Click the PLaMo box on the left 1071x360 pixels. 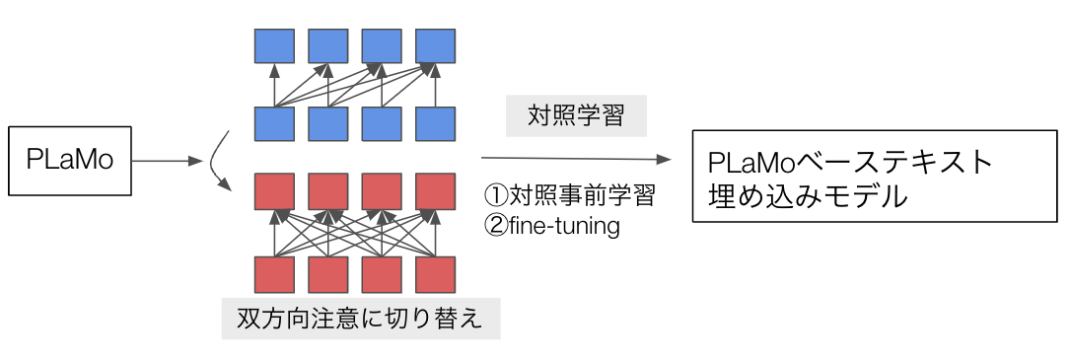click(70, 161)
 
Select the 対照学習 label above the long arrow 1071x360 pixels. click(576, 115)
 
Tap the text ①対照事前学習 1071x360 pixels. click(570, 196)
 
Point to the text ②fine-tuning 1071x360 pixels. click(552, 226)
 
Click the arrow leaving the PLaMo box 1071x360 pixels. click(168, 161)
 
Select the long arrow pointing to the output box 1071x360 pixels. click(577, 159)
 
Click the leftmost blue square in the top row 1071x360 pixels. click(274, 45)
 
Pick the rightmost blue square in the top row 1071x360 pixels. click(436, 45)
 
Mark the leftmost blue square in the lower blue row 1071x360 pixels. click(274, 123)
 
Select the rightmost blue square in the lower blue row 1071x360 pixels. click(436, 123)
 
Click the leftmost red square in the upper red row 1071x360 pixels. click(274, 191)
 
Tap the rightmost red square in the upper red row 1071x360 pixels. click(436, 191)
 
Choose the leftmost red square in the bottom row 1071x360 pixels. click(274, 274)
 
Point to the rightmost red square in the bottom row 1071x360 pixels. click(436, 274)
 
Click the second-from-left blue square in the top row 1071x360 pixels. click(328, 45)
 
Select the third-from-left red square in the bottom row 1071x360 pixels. click(382, 274)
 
